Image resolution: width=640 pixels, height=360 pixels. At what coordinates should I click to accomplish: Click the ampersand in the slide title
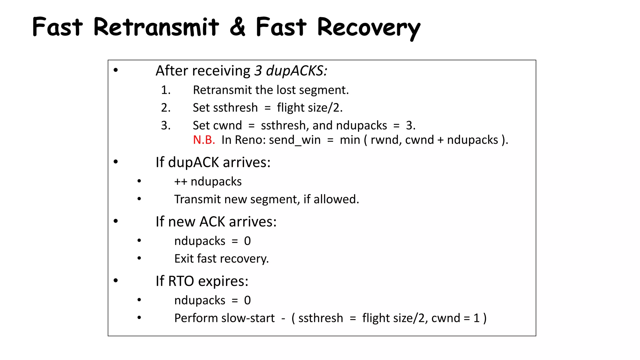pos(237,27)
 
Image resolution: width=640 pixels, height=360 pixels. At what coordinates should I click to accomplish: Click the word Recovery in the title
pos(369,27)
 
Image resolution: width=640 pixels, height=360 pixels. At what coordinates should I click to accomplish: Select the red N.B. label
pos(204,140)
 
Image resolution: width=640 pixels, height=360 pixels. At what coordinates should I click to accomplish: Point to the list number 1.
pos(166,90)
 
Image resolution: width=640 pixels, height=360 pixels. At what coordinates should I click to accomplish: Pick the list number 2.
pos(166,108)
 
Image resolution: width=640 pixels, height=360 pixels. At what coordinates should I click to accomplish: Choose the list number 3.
pos(166,126)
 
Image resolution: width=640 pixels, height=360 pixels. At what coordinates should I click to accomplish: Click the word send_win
pos(295,140)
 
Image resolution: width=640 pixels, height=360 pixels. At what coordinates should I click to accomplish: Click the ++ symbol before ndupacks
pos(181,182)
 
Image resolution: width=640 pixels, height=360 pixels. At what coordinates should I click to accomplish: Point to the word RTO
pos(181,281)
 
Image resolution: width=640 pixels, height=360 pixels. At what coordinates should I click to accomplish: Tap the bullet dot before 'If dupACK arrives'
pos(116,162)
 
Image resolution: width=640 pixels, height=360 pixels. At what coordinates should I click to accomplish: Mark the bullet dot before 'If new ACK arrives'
pos(116,221)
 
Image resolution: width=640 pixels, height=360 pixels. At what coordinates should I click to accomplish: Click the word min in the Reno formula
pos(350,140)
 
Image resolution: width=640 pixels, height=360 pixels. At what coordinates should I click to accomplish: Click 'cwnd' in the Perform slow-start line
pos(446,318)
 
